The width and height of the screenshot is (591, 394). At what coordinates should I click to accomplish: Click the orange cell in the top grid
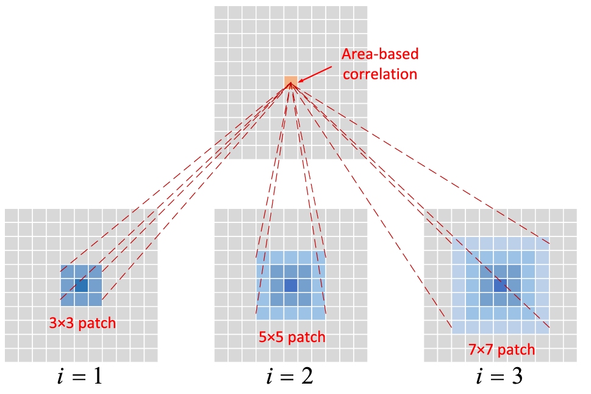(291, 82)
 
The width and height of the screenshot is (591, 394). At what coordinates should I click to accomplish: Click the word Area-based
(380, 54)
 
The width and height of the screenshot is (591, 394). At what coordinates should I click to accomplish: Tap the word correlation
(379, 75)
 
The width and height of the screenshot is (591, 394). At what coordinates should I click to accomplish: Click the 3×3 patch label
(83, 323)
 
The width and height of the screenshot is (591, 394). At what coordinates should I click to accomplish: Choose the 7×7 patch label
(501, 350)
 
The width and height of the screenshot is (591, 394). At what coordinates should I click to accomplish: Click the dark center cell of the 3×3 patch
(81, 285)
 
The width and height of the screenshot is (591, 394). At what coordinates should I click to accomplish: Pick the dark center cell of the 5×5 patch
(291, 285)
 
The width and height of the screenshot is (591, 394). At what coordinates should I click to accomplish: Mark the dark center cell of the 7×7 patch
(501, 285)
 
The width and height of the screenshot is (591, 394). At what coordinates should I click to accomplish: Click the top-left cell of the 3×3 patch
(67, 271)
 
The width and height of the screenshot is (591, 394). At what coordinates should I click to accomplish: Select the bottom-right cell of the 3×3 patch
(95, 299)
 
